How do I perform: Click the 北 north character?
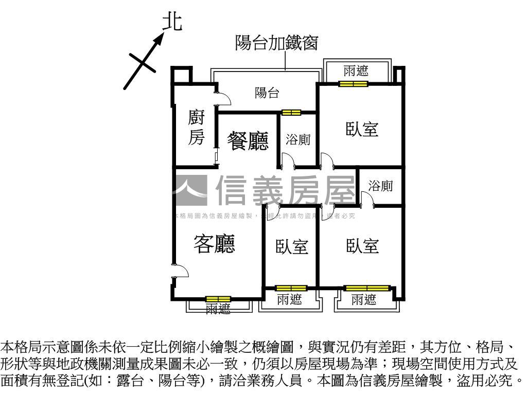(172, 22)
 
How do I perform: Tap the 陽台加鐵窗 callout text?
(276, 43)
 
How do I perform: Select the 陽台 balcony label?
(267, 94)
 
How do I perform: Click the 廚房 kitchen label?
(196, 128)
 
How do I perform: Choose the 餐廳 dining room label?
(248, 141)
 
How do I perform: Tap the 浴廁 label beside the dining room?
(298, 140)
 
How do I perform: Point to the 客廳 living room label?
(214, 244)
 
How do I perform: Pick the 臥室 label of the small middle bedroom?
(291, 247)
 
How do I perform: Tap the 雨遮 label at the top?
(356, 70)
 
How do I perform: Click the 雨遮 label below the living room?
(218, 309)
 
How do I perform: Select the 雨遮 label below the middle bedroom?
(289, 300)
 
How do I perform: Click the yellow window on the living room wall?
(218, 299)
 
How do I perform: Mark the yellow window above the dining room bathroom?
(291, 113)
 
